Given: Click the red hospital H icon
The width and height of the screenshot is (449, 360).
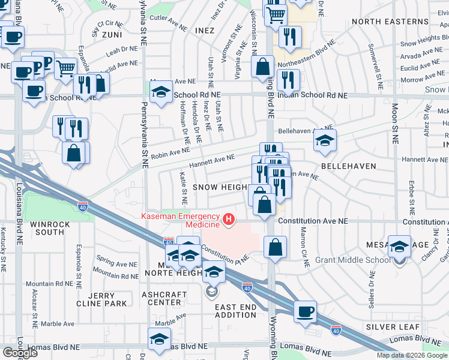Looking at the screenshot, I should tap(229, 220).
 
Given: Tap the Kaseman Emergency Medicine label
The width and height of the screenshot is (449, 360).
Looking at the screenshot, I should tap(180, 220).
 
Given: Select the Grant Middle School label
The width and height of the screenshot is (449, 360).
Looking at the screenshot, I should tap(352, 260).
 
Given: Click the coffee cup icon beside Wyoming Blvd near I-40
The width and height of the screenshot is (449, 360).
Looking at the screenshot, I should tap(305, 311).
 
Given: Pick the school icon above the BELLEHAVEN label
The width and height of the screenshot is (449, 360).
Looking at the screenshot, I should tap(324, 141).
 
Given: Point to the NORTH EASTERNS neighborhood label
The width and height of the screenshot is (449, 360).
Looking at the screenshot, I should tap(390, 22).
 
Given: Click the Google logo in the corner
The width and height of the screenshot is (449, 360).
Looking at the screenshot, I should tap(19, 352).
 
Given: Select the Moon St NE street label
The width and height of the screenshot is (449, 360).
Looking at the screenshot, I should tap(394, 124).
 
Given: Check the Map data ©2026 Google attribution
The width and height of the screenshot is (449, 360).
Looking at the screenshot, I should tap(412, 355).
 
